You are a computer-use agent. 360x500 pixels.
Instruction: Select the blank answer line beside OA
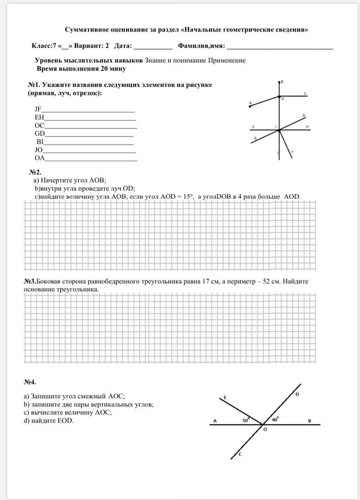pyautogui.click(x=91, y=160)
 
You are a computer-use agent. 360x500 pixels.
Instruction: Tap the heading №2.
pyautogui.click(x=35, y=172)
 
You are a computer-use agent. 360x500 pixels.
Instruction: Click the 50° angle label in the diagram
pyautogui.click(x=246, y=420)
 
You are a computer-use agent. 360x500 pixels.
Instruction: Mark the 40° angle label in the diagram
pyautogui.click(x=275, y=420)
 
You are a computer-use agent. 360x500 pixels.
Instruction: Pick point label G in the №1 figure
pyautogui.click(x=255, y=138)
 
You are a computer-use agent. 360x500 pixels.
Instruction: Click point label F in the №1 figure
pyautogui.click(x=292, y=152)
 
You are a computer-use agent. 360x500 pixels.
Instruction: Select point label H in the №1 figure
pyautogui.click(x=307, y=127)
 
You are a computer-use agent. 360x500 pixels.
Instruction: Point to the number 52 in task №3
pyautogui.click(x=267, y=281)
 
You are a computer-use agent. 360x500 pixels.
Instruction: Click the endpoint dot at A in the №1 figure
pyautogui.click(x=250, y=106)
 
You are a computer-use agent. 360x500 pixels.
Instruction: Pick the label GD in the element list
pyautogui.click(x=40, y=133)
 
